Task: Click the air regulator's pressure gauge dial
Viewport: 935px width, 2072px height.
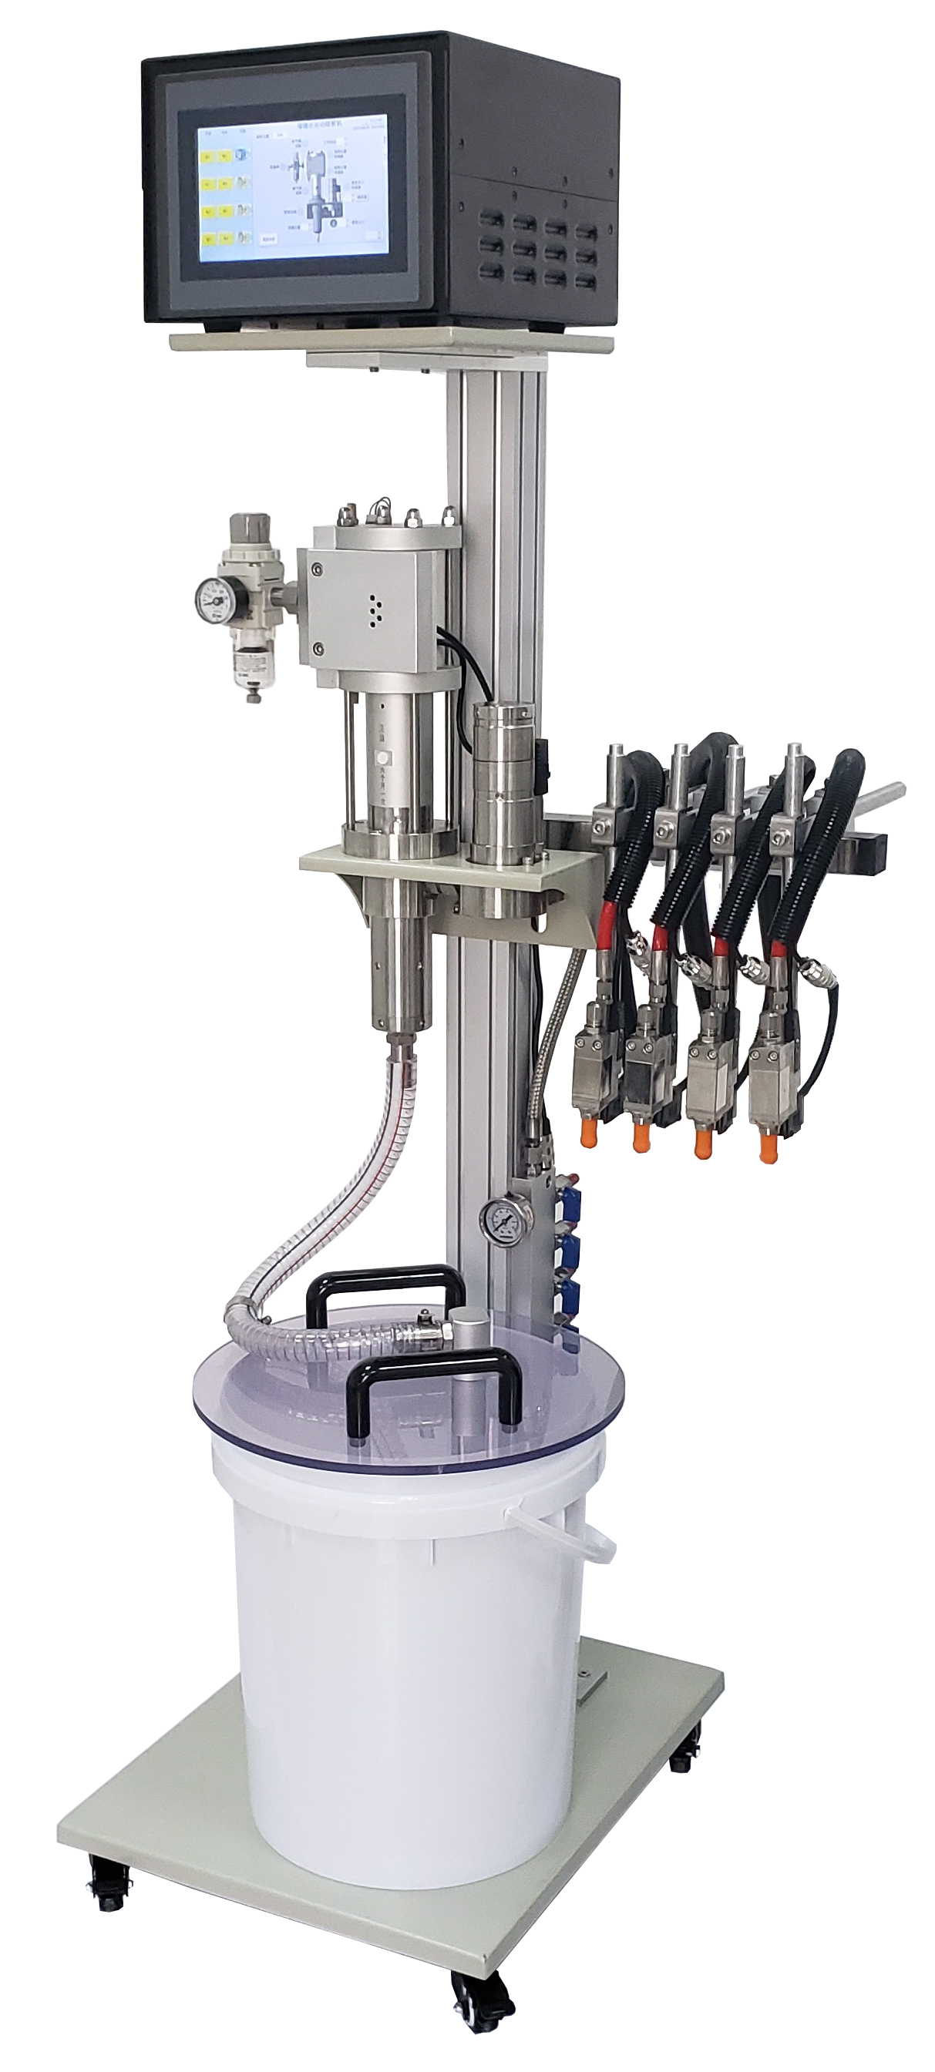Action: pos(212,600)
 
